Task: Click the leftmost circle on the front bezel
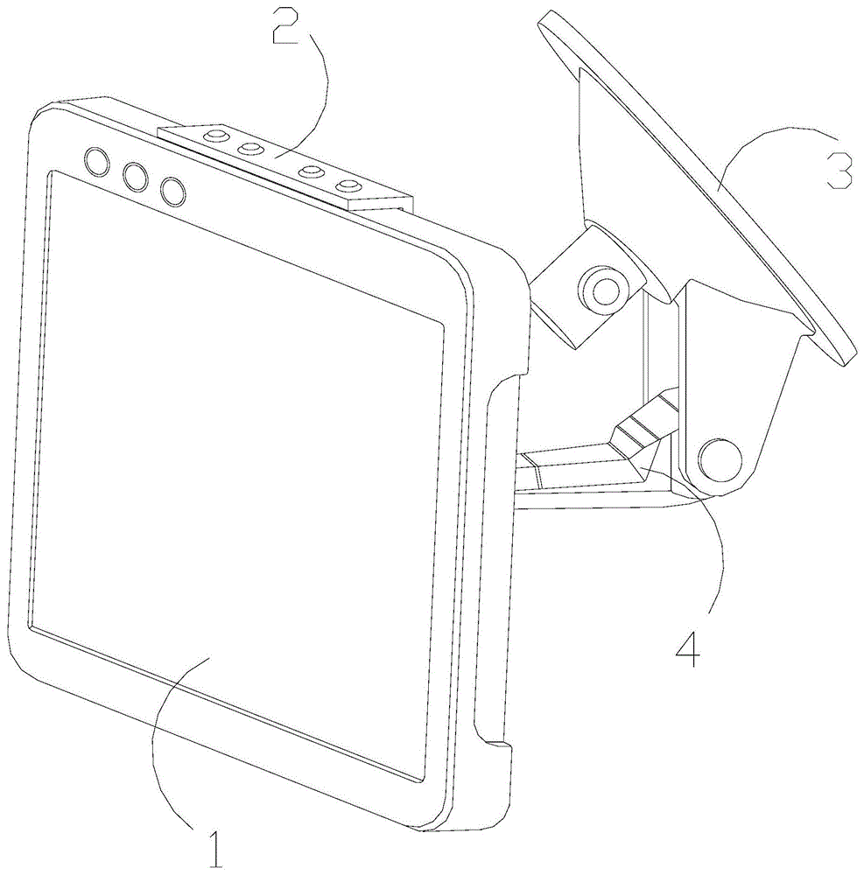point(96,160)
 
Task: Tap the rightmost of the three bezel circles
point(173,191)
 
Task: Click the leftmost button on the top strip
point(213,136)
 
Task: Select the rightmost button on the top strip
point(350,185)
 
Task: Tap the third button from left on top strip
point(311,171)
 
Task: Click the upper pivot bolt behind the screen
point(603,288)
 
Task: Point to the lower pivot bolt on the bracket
point(720,458)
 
